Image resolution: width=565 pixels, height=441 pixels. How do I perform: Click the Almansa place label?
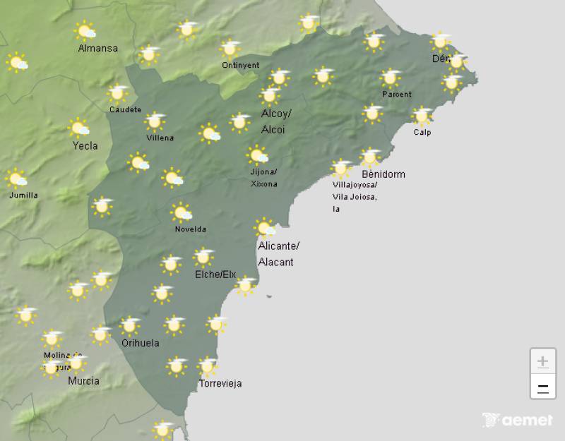pos(97,49)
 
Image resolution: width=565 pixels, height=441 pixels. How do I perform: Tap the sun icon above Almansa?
pos(85,31)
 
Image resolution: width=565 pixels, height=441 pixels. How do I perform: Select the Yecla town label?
pos(85,146)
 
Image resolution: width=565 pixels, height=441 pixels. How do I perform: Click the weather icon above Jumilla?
pos(16,179)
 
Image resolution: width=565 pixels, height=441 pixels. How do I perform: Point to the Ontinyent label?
pos(240,65)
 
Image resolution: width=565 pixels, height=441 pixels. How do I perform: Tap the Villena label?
pos(160,138)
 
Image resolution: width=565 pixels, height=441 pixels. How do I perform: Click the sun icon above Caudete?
pos(117,93)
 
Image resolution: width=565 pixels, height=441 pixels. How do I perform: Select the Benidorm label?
pos(383,174)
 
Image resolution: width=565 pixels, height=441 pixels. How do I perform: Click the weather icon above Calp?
pos(422,116)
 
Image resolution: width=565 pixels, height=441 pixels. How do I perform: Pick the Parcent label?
pos(396,94)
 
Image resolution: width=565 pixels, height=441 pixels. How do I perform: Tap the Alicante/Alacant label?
pos(278,253)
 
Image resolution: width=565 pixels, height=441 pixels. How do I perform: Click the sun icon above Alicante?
pos(265,228)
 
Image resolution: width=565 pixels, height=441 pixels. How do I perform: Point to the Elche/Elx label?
pos(215,274)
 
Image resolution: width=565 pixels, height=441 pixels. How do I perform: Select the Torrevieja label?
pos(220,383)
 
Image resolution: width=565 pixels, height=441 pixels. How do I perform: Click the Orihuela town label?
pos(140,343)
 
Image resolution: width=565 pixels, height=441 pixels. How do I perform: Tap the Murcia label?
pos(83,380)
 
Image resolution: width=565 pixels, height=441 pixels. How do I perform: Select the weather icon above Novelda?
pos(182,212)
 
